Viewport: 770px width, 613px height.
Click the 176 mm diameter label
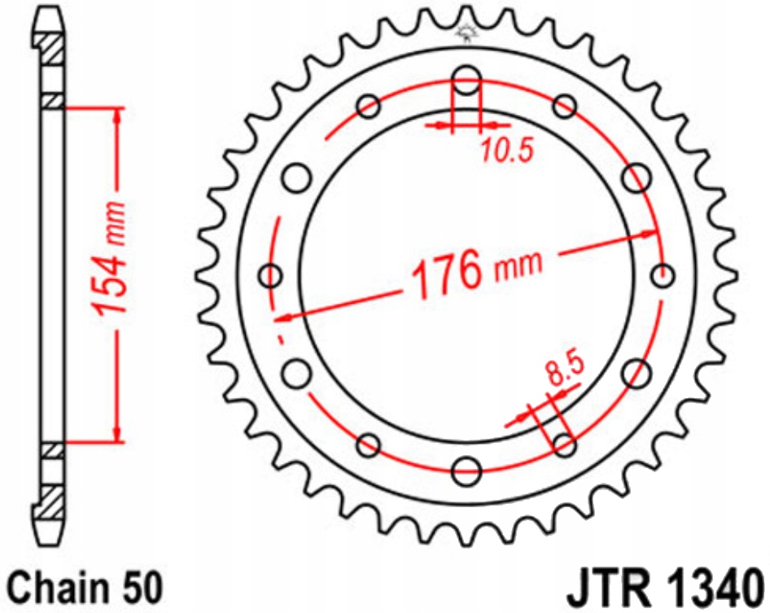point(476,269)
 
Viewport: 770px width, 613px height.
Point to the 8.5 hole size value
point(563,374)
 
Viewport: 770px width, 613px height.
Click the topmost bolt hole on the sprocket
point(467,81)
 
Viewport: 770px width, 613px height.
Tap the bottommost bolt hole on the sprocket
point(467,470)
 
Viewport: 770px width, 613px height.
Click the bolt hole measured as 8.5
point(565,444)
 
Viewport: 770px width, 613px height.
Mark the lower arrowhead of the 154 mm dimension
point(119,433)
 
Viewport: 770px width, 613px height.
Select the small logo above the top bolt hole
point(466,33)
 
